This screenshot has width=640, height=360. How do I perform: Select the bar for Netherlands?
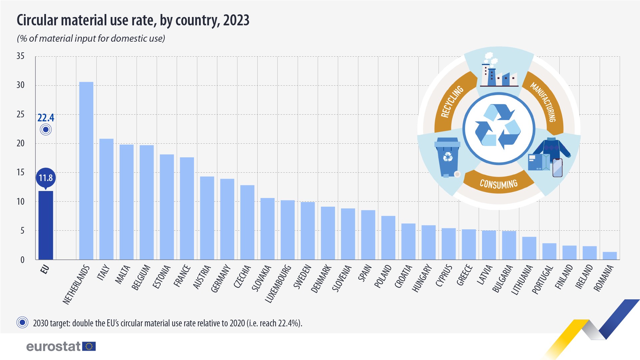(86, 171)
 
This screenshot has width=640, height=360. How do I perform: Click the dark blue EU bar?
(46, 225)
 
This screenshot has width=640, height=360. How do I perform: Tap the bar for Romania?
(610, 256)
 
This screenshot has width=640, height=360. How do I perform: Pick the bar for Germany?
(227, 219)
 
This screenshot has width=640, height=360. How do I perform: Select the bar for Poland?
(388, 238)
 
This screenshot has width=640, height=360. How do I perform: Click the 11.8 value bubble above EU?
(46, 178)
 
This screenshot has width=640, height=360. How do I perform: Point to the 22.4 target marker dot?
(46, 129)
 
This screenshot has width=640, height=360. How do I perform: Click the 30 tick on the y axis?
(21, 85)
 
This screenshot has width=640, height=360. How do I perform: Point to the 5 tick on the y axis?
(22, 231)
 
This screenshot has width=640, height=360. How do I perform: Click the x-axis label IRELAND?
(584, 276)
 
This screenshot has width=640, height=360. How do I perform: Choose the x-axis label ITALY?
(103, 272)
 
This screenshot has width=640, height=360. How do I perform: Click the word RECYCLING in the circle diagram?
(452, 101)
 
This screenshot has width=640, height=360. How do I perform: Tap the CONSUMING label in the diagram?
(498, 184)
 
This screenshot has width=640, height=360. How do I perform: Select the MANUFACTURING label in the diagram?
(543, 102)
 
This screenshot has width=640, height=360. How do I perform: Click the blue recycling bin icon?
(447, 157)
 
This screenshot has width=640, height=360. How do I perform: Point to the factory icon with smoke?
(498, 72)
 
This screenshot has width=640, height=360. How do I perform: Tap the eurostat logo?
(61, 346)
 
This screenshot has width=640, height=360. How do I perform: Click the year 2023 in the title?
(236, 20)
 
